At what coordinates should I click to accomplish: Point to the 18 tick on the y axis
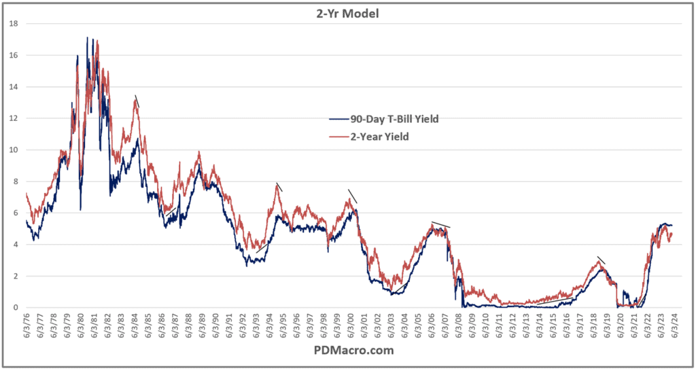tap(12, 24)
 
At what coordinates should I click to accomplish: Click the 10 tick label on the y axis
tap(12, 150)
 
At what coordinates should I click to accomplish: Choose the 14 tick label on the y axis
tap(12, 87)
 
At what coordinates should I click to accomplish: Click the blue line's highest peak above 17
tap(87, 38)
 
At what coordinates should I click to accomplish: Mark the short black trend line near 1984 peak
tap(137, 101)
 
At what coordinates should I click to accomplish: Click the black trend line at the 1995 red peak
tap(279, 187)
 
